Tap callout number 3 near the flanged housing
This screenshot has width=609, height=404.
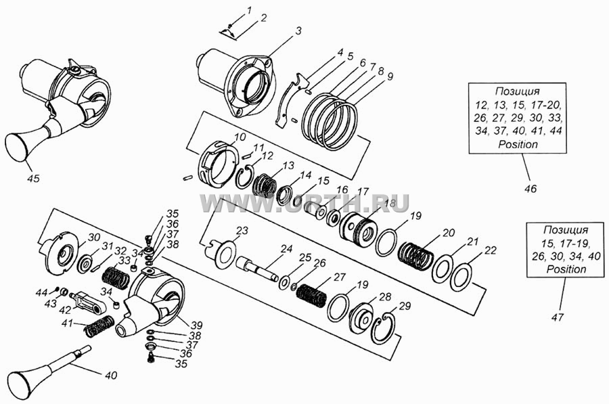click(x=298, y=31)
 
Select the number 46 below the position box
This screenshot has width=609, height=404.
click(x=530, y=189)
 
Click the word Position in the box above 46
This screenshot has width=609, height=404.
click(x=518, y=144)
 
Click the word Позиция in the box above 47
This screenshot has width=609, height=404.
click(x=566, y=229)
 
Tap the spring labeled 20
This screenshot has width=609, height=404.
click(x=416, y=256)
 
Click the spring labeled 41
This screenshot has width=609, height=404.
click(x=99, y=326)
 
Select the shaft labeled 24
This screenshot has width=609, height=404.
click(x=256, y=268)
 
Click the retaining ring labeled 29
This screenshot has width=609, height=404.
click(x=384, y=329)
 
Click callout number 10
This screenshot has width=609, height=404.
click(x=240, y=137)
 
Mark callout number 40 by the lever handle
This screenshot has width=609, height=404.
click(x=110, y=376)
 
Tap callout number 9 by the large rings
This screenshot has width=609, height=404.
click(x=389, y=76)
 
